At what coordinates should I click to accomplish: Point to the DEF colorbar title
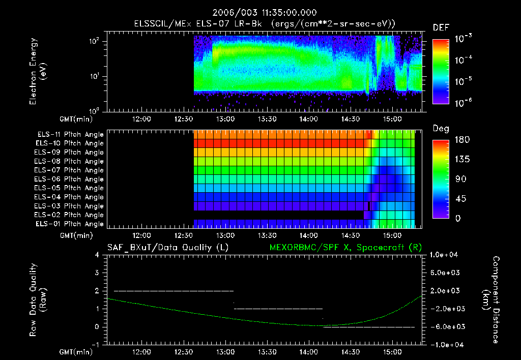[441, 27]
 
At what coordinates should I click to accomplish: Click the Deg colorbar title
[440, 129]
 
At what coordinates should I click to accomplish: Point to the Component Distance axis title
[494, 300]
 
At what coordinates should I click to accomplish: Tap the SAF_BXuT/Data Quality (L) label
[167, 247]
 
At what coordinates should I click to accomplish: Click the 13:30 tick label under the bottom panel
[267, 352]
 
